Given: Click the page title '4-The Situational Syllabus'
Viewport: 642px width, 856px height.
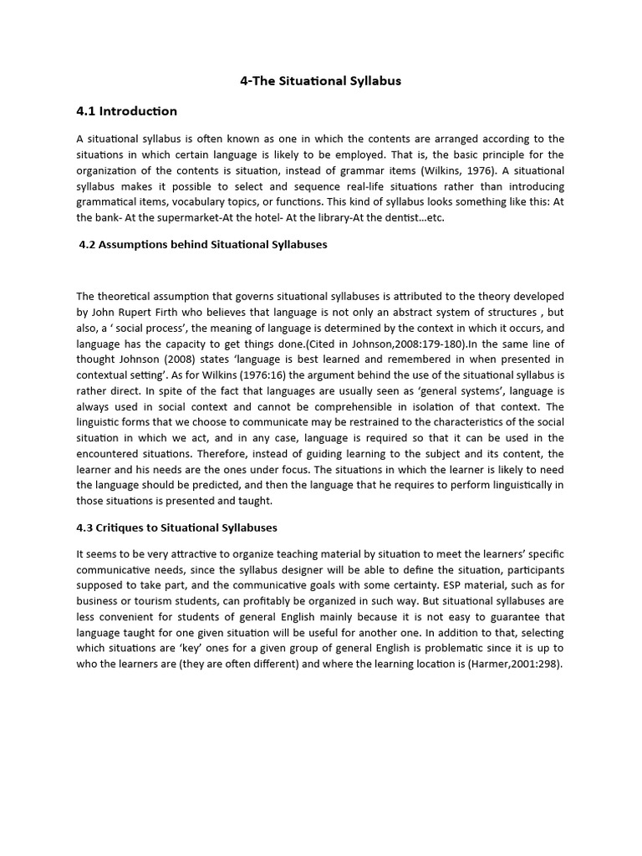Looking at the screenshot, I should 321,81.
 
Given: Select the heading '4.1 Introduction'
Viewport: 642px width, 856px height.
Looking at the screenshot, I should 126,111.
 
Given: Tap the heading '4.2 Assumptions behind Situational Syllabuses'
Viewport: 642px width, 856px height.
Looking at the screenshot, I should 203,245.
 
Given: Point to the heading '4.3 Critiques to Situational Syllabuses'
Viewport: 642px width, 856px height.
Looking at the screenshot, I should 176,527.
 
